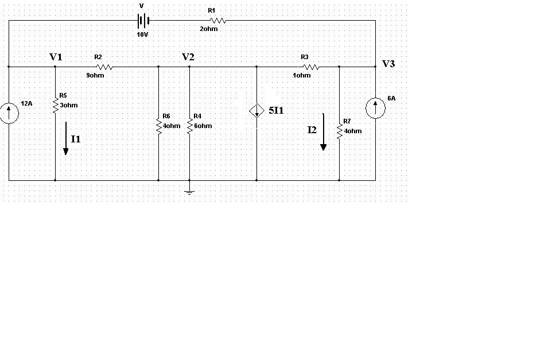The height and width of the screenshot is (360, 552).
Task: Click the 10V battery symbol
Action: pos(143,21)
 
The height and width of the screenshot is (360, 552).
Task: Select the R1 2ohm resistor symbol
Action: pos(219,21)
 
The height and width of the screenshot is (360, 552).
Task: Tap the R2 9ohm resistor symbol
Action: pos(105,67)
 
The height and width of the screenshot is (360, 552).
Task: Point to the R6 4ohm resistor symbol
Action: pos(159,125)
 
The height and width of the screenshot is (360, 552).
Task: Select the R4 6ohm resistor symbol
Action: pos(189,125)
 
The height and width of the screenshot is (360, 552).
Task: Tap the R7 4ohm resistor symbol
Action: pos(339,130)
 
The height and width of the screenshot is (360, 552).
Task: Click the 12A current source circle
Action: pos(9,113)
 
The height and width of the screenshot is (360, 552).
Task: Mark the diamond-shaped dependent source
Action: pos(256,111)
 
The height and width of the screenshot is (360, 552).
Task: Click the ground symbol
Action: pos(189,191)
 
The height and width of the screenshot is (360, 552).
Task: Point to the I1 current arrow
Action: pos(66,138)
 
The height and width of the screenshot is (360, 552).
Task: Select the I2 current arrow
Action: pos(323,132)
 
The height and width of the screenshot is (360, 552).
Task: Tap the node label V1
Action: pos(56,57)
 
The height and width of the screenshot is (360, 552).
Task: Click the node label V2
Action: pos(188,57)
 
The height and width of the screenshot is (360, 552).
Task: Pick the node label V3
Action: pos(388,64)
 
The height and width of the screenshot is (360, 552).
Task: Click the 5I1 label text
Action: pos(276,110)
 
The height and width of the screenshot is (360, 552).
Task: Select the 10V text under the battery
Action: pos(143,35)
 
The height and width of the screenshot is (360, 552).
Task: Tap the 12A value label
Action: pos(26,103)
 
